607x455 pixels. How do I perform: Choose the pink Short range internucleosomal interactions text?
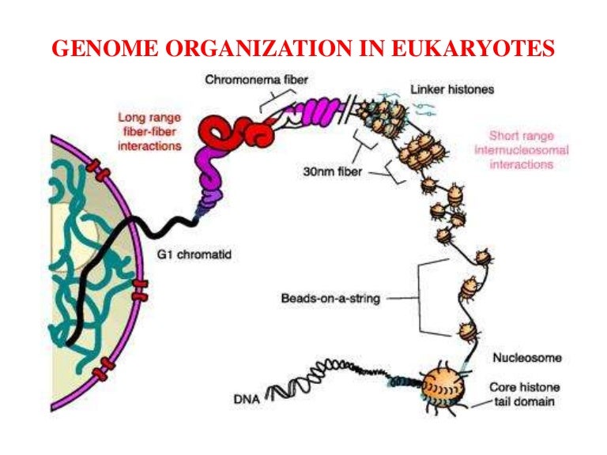coord(516,150)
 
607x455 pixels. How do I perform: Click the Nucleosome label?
coord(527,358)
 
